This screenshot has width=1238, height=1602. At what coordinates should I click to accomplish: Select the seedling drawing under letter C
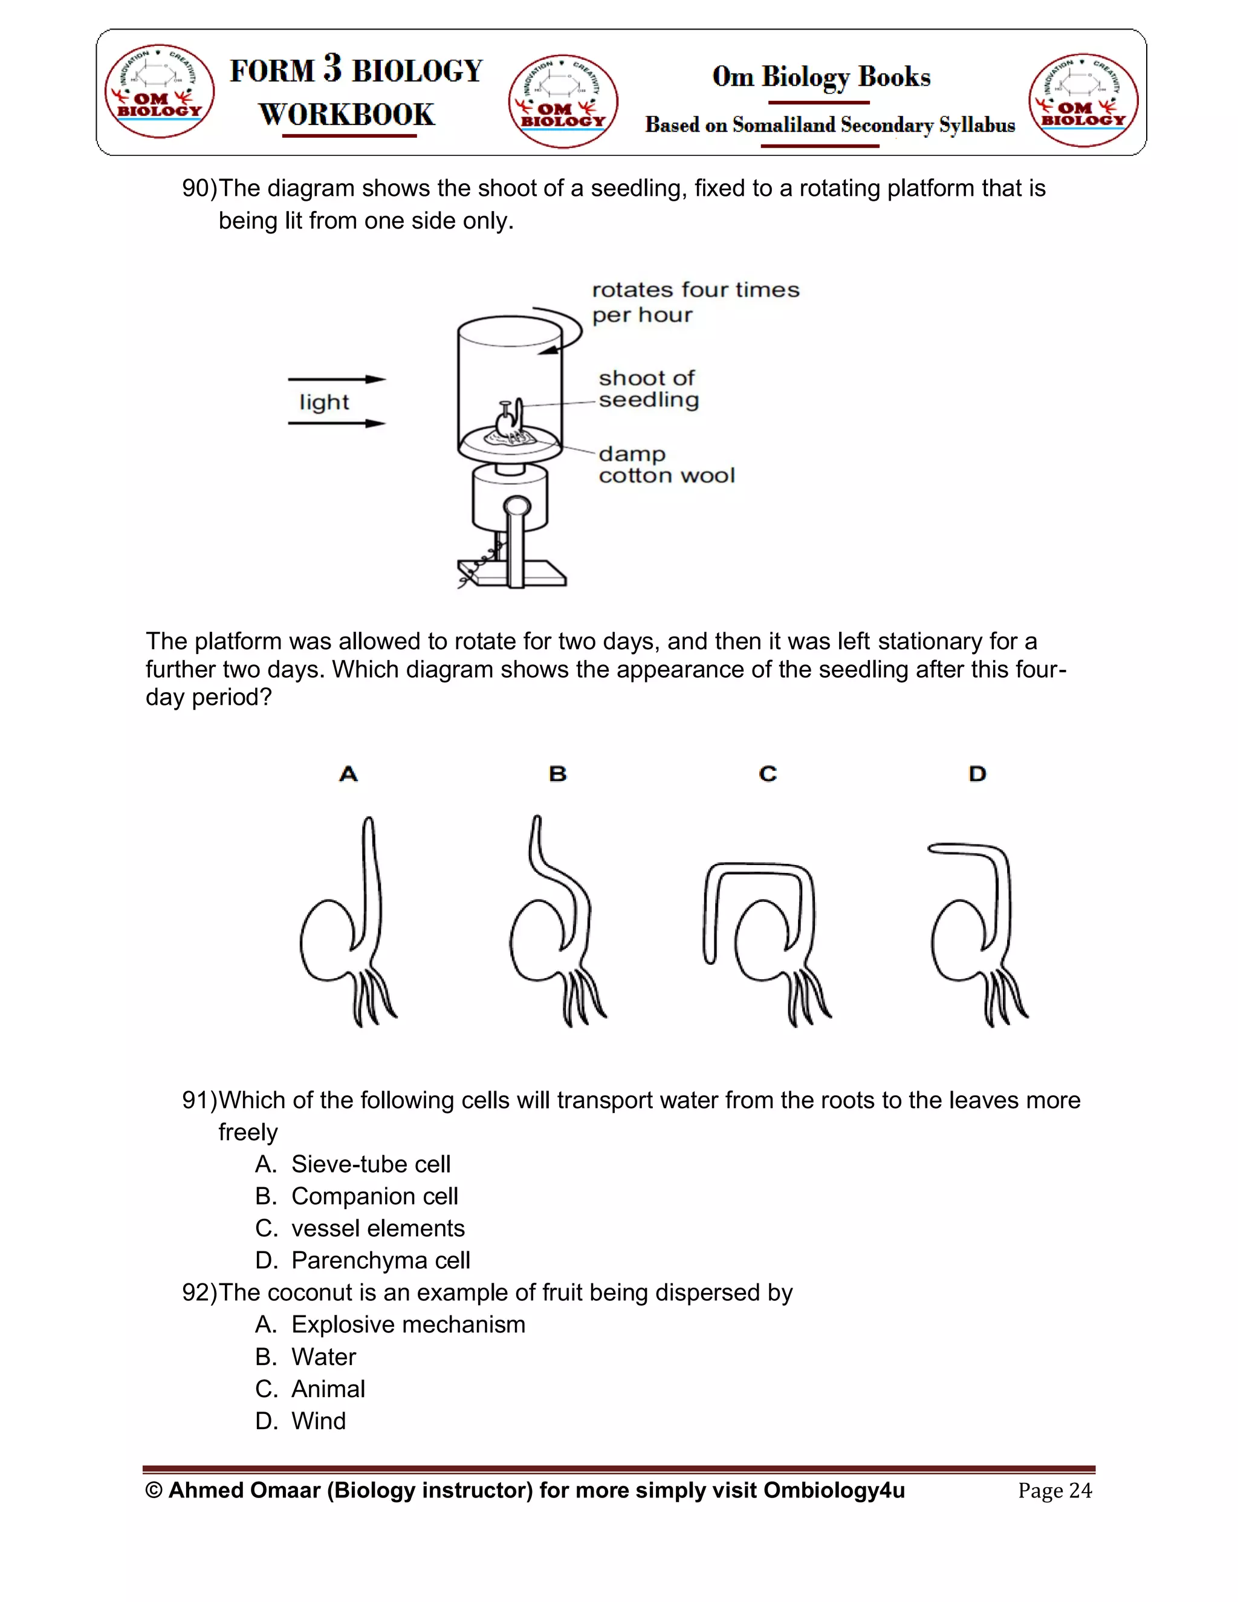(766, 942)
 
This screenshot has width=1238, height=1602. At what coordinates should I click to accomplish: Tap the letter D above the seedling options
(977, 774)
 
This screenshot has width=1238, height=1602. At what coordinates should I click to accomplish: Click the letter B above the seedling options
(557, 774)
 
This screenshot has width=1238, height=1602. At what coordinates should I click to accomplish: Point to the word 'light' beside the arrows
(323, 402)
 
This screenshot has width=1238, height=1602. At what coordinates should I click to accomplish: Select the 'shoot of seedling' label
(649, 389)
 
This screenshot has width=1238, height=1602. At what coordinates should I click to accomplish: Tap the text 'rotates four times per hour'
(695, 302)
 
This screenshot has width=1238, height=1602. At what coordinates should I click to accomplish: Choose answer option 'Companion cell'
(374, 1196)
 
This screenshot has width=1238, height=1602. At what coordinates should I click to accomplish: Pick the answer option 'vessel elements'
(378, 1228)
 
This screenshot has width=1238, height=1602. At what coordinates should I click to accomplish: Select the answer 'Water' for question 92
(323, 1357)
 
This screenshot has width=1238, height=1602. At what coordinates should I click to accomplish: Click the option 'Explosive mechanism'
(408, 1325)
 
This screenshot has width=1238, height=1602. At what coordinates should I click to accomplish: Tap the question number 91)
(199, 1100)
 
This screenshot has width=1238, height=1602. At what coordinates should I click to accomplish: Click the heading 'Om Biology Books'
(822, 76)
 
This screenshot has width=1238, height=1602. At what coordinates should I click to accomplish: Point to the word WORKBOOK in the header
(347, 114)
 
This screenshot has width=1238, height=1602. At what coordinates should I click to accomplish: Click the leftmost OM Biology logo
(159, 91)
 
